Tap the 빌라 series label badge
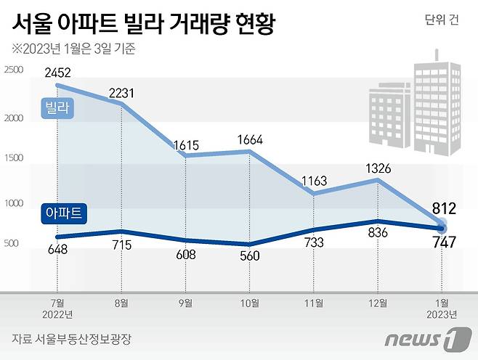pos(57,108)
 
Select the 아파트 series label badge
pos(63,213)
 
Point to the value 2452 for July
pos(58,73)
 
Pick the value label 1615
pos(187,144)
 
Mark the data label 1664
pos(250,139)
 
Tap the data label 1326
pos(377,168)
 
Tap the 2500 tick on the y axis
pos(14,70)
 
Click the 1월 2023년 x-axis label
pos(441,308)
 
